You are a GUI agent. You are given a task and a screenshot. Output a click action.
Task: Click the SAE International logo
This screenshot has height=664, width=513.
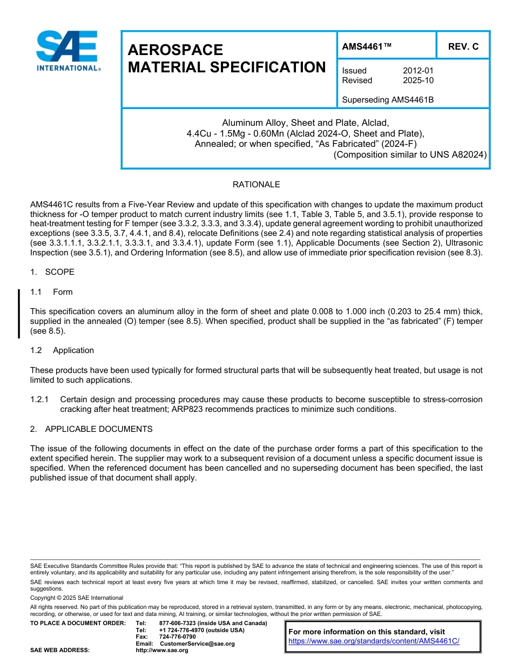click(67, 51)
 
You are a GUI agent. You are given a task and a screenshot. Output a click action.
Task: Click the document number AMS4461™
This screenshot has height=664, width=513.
click(367, 47)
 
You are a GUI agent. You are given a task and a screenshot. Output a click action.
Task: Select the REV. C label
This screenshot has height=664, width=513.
click(463, 47)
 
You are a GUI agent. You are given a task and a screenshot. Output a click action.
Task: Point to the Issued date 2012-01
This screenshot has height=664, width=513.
click(418, 71)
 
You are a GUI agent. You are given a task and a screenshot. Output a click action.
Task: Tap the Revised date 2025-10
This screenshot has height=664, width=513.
click(418, 80)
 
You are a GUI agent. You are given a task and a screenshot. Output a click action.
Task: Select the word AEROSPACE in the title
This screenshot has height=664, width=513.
click(175, 50)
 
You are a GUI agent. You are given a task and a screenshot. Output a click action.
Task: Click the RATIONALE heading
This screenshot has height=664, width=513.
click(256, 185)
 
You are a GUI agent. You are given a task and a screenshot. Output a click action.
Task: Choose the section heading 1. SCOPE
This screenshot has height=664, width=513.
click(52, 272)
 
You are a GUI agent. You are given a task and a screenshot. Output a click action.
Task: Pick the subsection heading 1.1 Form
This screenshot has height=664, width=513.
click(51, 292)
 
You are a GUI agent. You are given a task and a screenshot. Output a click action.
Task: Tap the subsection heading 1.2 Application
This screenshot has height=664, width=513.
click(62, 350)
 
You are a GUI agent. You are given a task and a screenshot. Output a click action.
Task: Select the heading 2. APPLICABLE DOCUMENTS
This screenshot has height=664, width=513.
click(91, 429)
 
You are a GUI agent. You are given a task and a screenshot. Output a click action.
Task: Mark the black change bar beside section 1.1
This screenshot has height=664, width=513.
click(19, 314)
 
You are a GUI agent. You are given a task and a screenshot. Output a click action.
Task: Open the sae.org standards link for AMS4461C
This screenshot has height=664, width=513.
click(374, 641)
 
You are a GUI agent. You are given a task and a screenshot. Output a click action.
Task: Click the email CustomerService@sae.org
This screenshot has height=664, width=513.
click(197, 643)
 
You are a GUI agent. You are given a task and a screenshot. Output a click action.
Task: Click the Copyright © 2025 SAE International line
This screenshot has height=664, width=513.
click(77, 598)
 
